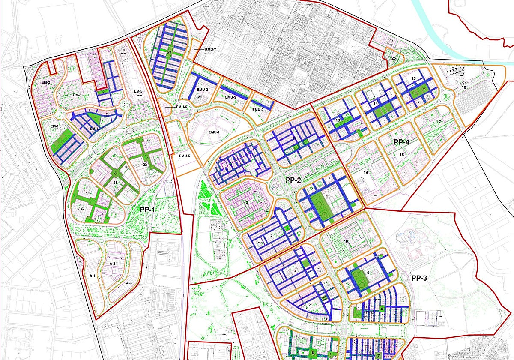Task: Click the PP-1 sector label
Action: [147, 210]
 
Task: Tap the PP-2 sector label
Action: [294, 180]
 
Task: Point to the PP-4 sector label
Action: [402, 142]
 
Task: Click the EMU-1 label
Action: [214, 132]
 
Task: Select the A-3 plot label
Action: [128, 283]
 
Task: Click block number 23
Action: [170, 52]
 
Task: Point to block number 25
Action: [394, 58]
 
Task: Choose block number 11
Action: [327, 196]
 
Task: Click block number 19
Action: [365, 172]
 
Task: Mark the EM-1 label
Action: [54, 126]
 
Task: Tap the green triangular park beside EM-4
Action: [96, 120]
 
